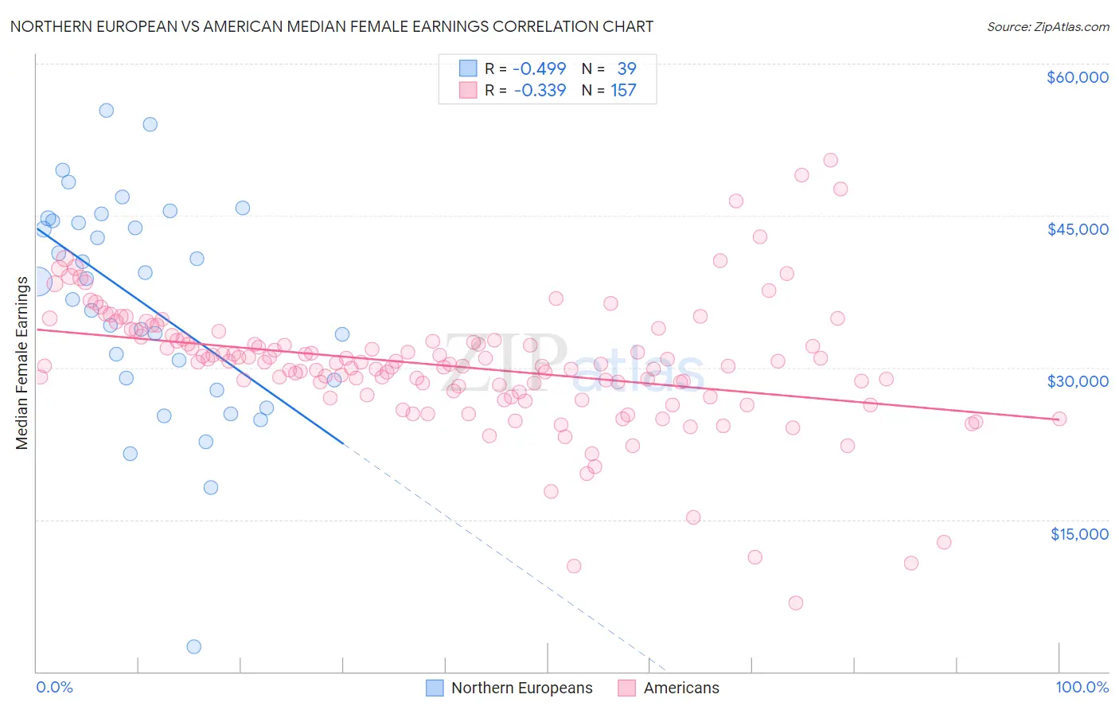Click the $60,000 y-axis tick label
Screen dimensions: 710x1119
pyautogui.click(x=1077, y=77)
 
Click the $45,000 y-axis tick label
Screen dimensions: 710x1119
pyautogui.click(x=1077, y=229)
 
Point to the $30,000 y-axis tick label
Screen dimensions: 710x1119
pyautogui.click(x=1077, y=381)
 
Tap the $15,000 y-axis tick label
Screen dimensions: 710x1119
pyautogui.click(x=1078, y=534)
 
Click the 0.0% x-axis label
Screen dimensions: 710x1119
pyautogui.click(x=54, y=687)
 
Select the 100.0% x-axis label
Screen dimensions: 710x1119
pyautogui.click(x=1082, y=687)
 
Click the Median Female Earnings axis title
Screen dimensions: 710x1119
pyautogui.click(x=22, y=363)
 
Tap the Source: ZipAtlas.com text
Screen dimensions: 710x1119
pyautogui.click(x=1047, y=26)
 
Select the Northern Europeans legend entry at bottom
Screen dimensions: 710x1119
pyautogui.click(x=510, y=688)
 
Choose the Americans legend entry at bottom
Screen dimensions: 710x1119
pyautogui.click(x=669, y=688)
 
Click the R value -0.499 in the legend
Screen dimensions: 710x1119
pyautogui.click(x=539, y=69)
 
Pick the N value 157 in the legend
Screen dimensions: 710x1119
pyautogui.click(x=623, y=91)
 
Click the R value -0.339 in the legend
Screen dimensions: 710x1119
pyautogui.click(x=539, y=91)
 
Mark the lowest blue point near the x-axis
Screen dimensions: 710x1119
pyautogui.click(x=193, y=646)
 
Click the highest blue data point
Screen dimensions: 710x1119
pyautogui.click(x=106, y=111)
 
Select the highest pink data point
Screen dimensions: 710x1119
pyautogui.click(x=830, y=160)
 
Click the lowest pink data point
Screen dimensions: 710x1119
pyautogui.click(x=795, y=603)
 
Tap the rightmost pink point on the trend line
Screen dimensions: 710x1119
pyautogui.click(x=1059, y=419)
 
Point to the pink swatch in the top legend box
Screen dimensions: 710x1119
pyautogui.click(x=468, y=90)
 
